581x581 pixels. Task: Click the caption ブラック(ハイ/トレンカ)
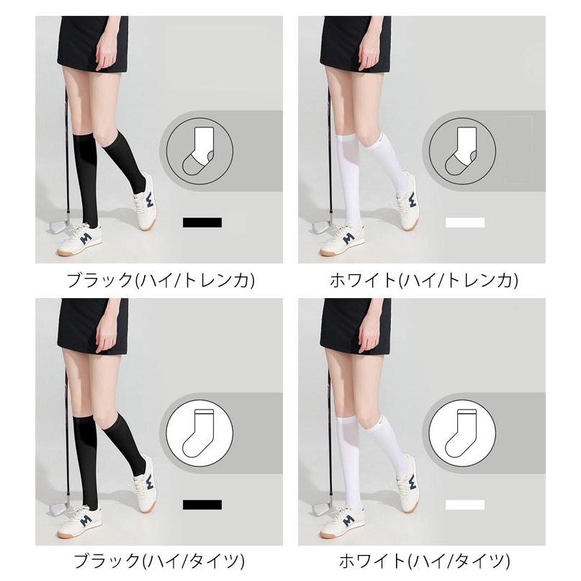[160, 280]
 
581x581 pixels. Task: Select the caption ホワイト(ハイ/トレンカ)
[423, 280]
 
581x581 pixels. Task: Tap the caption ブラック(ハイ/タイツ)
[159, 561]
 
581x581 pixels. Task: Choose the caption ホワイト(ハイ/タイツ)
[424, 561]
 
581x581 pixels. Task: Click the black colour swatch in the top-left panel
[202, 222]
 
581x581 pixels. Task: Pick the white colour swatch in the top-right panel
[465, 222]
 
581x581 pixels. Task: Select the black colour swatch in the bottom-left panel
[202, 505]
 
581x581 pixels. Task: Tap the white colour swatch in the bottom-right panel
[465, 505]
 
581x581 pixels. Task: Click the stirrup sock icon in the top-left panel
[199, 150]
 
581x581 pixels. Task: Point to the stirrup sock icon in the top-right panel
[461, 150]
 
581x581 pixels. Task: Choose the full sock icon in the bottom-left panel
[199, 433]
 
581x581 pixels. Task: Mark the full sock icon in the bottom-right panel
[461, 433]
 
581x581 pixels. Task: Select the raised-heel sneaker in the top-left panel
[145, 201]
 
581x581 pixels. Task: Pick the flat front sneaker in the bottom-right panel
[341, 522]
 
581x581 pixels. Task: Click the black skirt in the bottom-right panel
[356, 326]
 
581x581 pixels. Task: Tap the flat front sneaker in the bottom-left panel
[79, 522]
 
